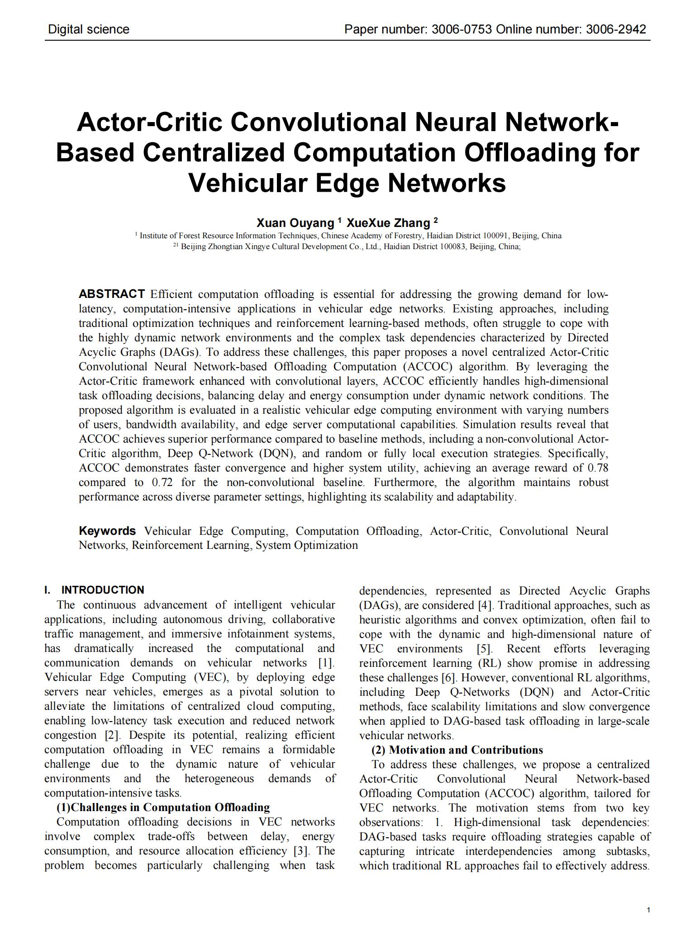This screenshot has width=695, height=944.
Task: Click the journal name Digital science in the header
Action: [89, 30]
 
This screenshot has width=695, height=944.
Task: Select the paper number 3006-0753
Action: [462, 30]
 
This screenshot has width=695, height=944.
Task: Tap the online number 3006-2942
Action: [616, 30]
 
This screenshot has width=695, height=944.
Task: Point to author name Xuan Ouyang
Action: [295, 223]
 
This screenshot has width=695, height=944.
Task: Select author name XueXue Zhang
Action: [388, 223]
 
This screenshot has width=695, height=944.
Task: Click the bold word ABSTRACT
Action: [112, 294]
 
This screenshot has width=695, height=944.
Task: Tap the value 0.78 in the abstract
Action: [598, 467]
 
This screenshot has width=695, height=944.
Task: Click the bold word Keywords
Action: [107, 531]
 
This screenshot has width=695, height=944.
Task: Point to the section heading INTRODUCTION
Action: [103, 590]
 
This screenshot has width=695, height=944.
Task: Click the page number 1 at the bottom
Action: [648, 910]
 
